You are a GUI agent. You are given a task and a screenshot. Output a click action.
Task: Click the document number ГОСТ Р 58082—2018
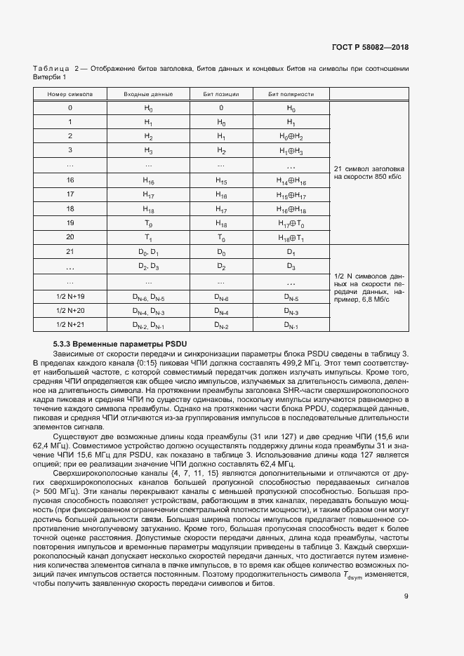[370, 48]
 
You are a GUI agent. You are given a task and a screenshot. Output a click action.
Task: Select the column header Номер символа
[69, 93]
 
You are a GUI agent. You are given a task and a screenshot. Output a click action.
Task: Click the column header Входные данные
[148, 93]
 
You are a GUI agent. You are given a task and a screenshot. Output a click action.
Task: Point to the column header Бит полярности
[291, 93]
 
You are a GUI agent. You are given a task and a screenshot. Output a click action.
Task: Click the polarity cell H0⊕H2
[291, 136]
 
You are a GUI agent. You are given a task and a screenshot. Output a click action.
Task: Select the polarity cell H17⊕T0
[291, 223]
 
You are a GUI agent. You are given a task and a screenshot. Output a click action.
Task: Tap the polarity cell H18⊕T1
[291, 237]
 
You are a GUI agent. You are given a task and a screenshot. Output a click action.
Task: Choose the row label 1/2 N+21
[69, 326]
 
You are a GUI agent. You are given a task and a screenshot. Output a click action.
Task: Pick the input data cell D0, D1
[148, 251]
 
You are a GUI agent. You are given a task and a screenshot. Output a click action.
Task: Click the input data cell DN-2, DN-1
[148, 326]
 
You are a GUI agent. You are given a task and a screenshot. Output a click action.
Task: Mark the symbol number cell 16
[69, 180]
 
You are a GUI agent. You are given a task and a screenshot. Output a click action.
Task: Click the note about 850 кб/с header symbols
[369, 173]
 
